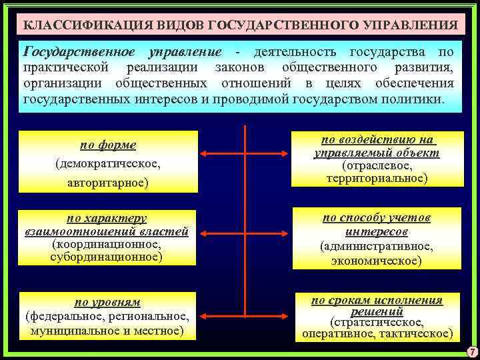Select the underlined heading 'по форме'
pyautogui.click(x=109, y=145)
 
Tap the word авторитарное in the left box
pyautogui.click(x=109, y=181)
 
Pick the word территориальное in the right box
pyautogui.click(x=377, y=178)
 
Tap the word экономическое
pyautogui.click(x=378, y=261)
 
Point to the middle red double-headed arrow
pyautogui.click(x=246, y=233)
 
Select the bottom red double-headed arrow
pyautogui.click(x=246, y=312)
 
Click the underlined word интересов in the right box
pyautogui.click(x=377, y=231)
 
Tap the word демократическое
pyautogui.click(x=109, y=163)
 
